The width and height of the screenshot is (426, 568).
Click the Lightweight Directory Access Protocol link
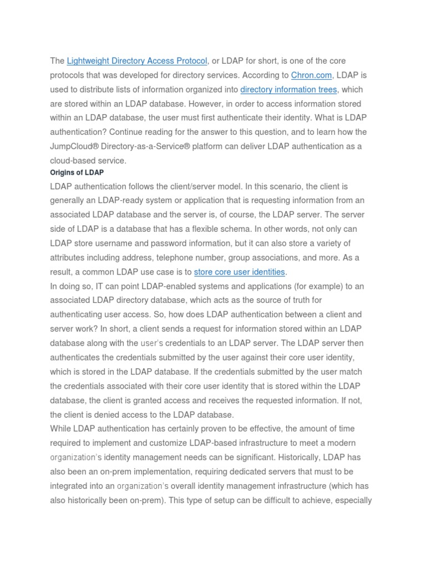click(x=137, y=60)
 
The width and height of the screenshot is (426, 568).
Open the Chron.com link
click(x=311, y=75)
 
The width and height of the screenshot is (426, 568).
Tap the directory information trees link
click(x=288, y=89)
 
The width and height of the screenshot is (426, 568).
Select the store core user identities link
click(x=239, y=272)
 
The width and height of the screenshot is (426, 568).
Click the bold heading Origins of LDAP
click(x=77, y=173)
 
